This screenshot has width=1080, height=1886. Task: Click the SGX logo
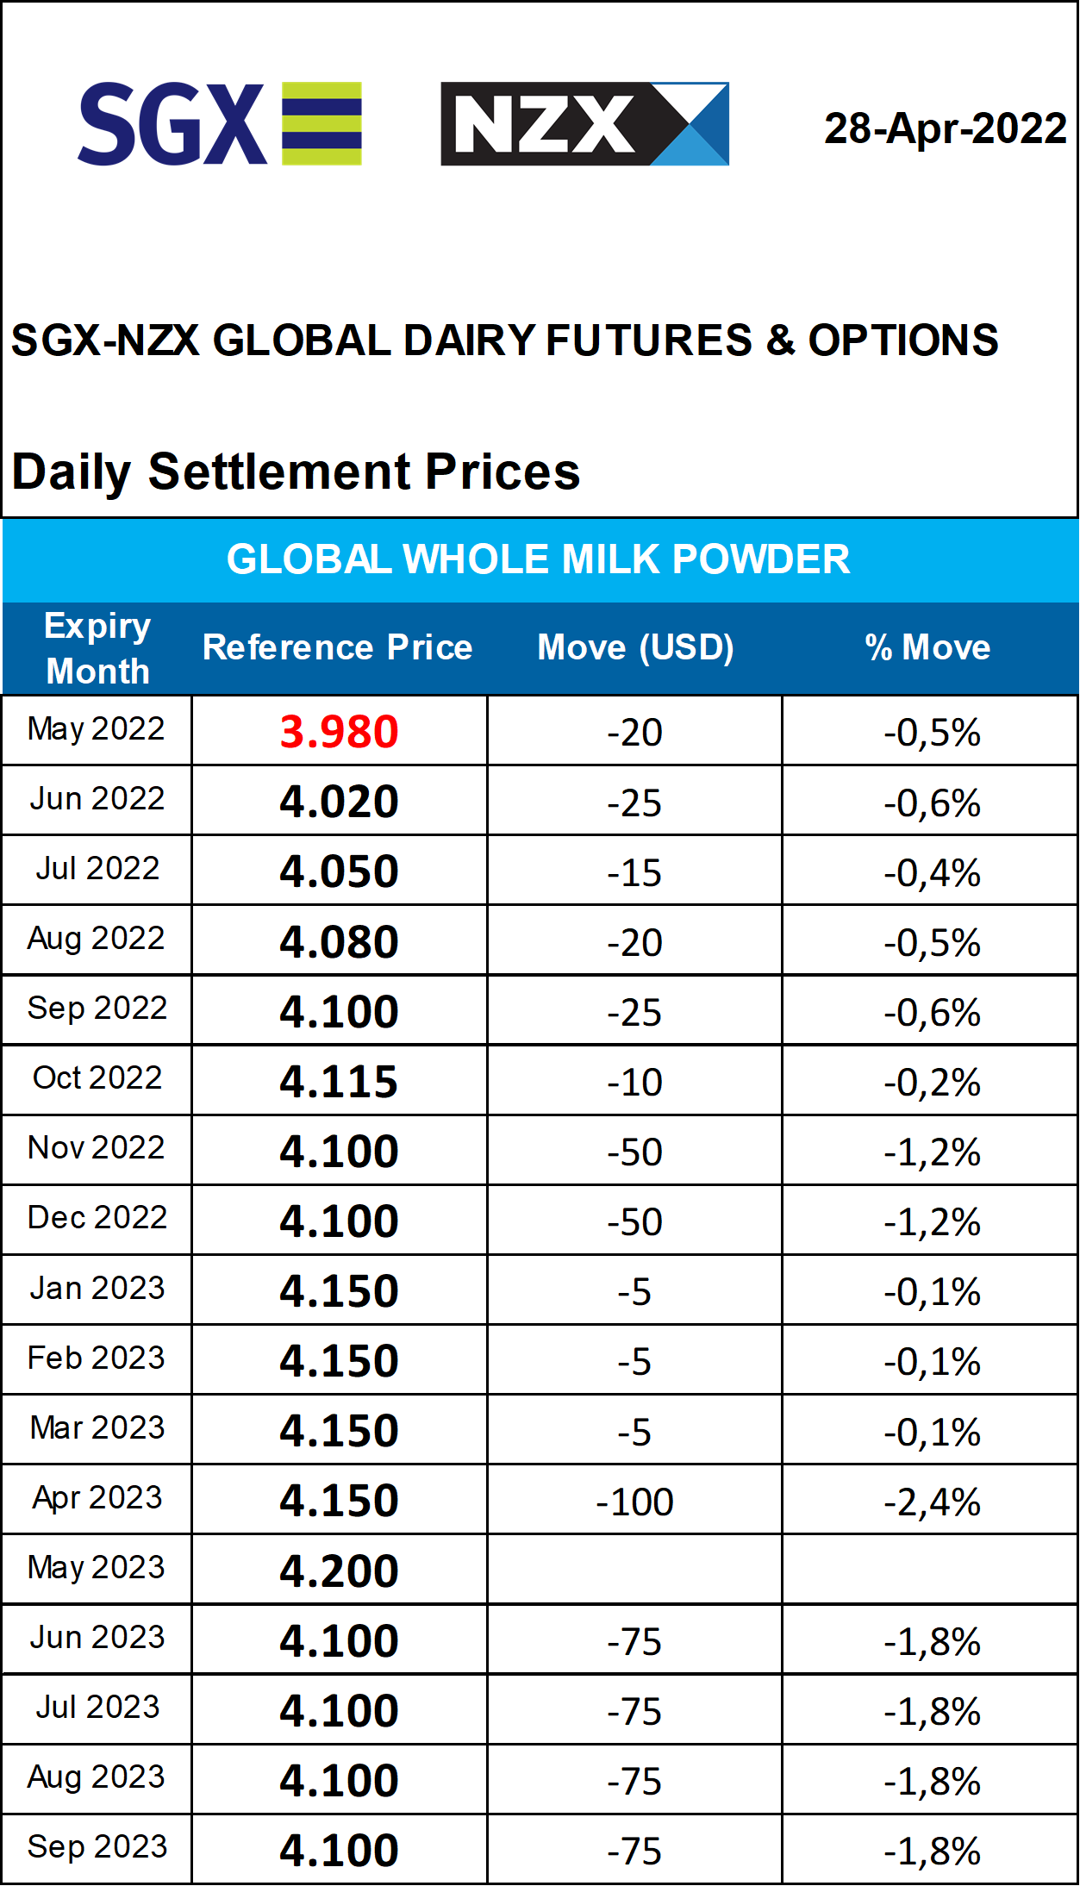tap(220, 123)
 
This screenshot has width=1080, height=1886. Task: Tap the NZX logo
tap(584, 123)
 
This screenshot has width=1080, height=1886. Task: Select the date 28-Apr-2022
tap(946, 128)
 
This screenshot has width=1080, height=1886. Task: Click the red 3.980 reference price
tap(339, 732)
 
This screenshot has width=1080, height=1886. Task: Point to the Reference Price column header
tap(337, 647)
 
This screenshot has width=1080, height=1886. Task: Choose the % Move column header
tap(927, 647)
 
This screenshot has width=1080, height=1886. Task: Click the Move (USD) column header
tap(635, 647)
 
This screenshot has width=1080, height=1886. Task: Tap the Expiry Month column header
tap(97, 648)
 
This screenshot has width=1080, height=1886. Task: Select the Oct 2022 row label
tap(97, 1077)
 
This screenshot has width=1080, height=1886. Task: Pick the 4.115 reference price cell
tap(339, 1081)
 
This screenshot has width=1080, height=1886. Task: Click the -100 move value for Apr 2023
tap(634, 1502)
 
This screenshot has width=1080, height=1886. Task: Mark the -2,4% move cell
tap(932, 1502)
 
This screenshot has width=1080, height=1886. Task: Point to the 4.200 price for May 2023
tap(339, 1571)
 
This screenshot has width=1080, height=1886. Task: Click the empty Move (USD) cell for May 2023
tap(634, 1570)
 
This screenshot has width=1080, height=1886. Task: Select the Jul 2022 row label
tap(97, 868)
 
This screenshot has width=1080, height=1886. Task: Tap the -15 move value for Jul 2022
tap(634, 873)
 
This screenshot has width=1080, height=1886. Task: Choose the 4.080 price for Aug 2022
tap(339, 941)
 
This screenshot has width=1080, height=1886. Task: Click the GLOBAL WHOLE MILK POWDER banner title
tap(539, 559)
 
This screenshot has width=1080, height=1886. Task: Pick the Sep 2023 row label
tap(97, 1846)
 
